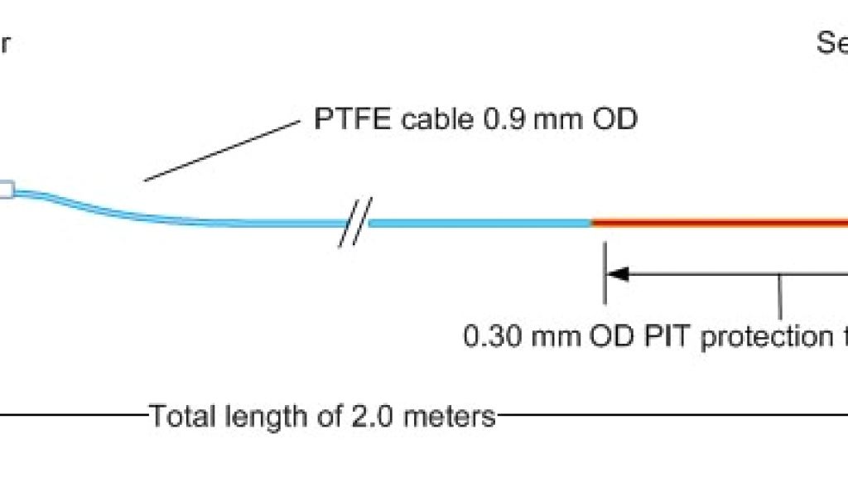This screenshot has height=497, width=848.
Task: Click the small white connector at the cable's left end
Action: pyautogui.click(x=5, y=191)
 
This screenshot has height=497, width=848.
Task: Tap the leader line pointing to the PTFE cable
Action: pyautogui.click(x=222, y=149)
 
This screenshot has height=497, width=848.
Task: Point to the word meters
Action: pyautogui.click(x=450, y=415)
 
